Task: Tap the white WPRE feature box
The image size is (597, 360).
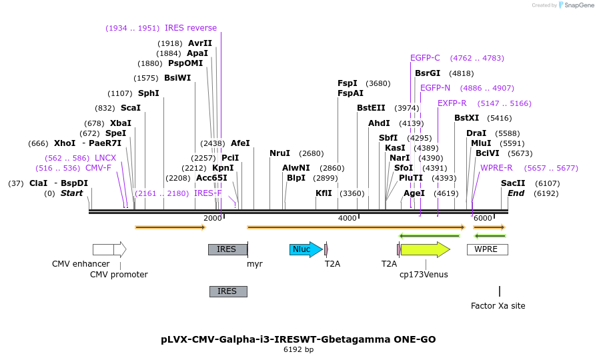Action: [x=487, y=249]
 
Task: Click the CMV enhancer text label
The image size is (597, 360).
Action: [x=81, y=264]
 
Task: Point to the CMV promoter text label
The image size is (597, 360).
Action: [x=119, y=275]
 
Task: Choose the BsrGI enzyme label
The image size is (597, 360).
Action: [x=428, y=73]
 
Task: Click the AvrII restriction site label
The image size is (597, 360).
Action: [x=200, y=43]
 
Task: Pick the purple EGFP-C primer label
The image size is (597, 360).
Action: [x=425, y=58]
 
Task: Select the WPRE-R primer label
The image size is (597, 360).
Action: [x=496, y=168]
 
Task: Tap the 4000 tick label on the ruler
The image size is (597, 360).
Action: [x=348, y=218]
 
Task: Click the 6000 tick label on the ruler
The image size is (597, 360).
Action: [x=482, y=218]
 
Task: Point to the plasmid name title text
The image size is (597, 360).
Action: [x=298, y=339]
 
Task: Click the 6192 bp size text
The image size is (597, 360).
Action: [x=298, y=349]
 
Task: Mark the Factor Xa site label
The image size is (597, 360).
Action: [x=498, y=306]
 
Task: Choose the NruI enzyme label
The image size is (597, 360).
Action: [x=280, y=153]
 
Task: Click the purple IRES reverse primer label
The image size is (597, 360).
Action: [x=191, y=28]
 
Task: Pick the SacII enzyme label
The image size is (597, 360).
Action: [x=513, y=183]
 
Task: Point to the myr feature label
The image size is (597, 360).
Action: [x=254, y=264]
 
